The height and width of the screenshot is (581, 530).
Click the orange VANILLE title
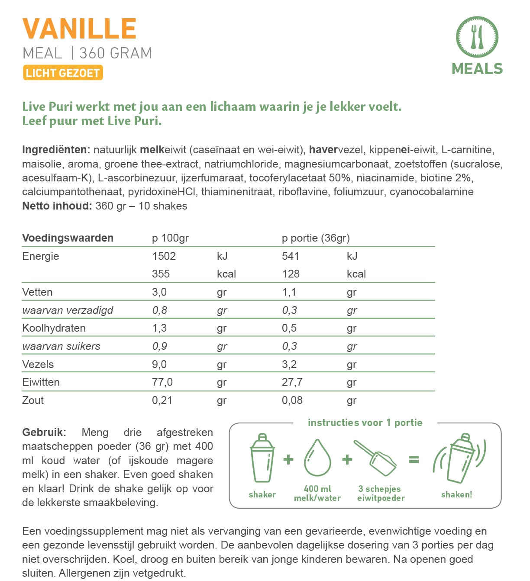80,29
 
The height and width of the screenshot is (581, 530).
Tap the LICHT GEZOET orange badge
63,73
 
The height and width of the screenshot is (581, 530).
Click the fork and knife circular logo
477,37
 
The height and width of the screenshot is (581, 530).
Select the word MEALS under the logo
477,69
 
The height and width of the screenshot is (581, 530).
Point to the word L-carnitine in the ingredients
467,150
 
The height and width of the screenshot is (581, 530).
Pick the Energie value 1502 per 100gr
164,256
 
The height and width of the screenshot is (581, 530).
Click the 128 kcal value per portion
291,274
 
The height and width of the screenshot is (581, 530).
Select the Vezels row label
38,364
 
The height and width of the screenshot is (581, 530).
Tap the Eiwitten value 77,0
162,382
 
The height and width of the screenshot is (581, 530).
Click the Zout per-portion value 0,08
292,400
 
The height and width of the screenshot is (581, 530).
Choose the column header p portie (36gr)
316,238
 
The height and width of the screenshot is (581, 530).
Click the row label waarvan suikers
61,346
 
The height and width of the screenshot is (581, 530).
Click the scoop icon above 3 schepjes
375,458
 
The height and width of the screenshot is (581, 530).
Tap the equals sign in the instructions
414,459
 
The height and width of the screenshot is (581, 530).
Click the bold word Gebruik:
44,432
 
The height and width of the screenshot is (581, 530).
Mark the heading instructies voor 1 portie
365,423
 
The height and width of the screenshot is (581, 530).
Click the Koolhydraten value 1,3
159,328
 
